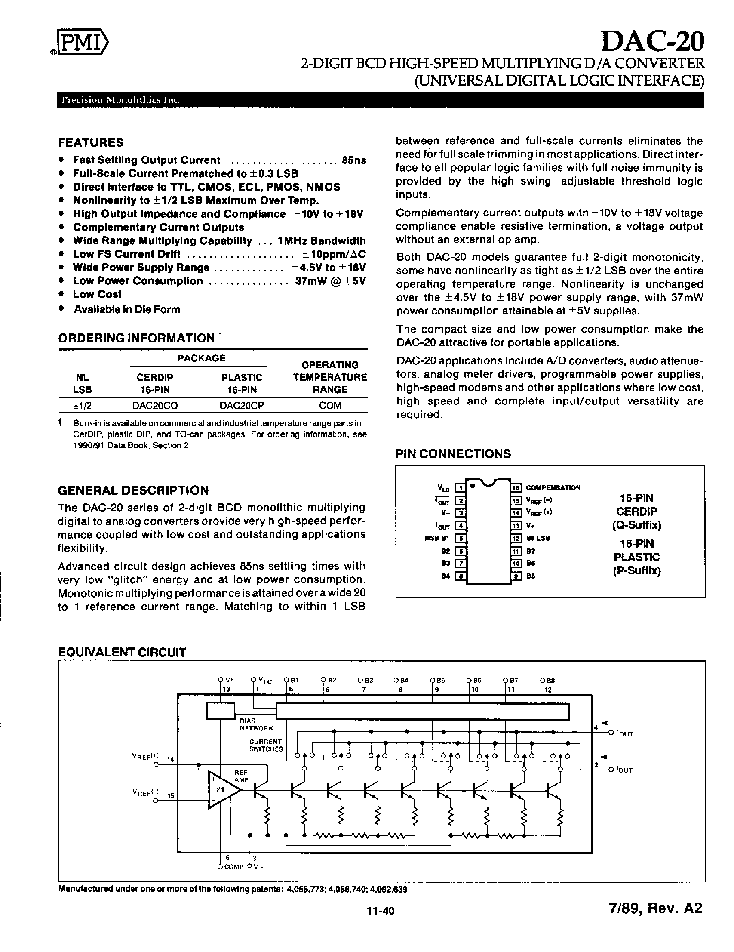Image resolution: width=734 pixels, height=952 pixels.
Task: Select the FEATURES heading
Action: click(91, 142)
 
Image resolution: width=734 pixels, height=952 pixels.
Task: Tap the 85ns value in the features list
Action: click(354, 160)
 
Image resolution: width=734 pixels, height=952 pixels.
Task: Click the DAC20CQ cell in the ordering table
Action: click(155, 405)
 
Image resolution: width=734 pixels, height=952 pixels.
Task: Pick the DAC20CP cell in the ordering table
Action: click(242, 405)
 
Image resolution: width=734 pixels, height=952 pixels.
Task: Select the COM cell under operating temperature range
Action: click(330, 405)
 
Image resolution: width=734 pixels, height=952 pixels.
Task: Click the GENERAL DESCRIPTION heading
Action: click(133, 490)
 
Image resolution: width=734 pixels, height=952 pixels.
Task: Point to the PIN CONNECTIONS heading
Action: click(453, 454)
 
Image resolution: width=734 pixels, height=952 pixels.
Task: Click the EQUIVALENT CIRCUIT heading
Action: click(122, 653)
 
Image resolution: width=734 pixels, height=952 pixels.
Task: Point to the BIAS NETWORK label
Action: click(256, 724)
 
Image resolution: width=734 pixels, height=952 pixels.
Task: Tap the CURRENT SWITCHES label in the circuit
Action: click(266, 745)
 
